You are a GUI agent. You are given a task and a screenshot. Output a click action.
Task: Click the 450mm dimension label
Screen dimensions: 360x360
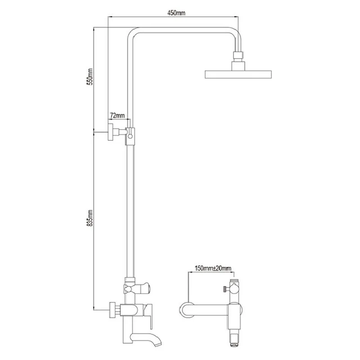point(176,13)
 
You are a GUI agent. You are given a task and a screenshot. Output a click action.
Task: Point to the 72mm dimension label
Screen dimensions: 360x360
point(117,115)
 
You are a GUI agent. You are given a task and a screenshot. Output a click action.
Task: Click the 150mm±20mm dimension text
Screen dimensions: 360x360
point(213,268)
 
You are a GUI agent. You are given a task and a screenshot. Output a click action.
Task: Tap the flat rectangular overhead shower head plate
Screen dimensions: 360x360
point(238,74)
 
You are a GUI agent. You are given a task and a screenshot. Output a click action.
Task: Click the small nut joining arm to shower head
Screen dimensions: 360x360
point(238,55)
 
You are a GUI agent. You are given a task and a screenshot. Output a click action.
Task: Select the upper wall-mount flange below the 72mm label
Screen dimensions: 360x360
point(110,132)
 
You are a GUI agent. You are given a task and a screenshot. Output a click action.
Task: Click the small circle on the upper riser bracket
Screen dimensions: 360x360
point(130,136)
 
